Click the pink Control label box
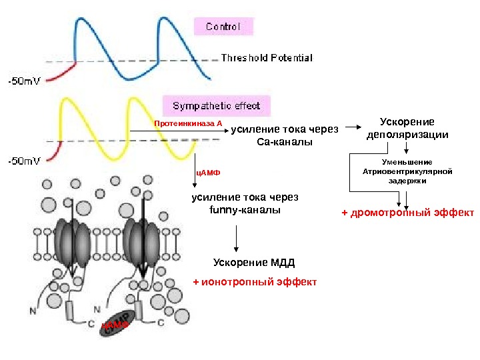(223, 27)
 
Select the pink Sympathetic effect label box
(217, 106)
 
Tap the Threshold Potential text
(266, 58)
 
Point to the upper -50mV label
(24, 81)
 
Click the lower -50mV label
(24, 160)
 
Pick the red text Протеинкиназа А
(188, 123)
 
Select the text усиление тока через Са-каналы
(285, 136)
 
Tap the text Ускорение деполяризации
(407, 128)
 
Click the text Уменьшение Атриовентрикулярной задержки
(407, 171)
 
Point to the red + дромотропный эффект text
(407, 213)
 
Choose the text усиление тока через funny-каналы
(245, 204)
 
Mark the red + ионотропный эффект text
(255, 282)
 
